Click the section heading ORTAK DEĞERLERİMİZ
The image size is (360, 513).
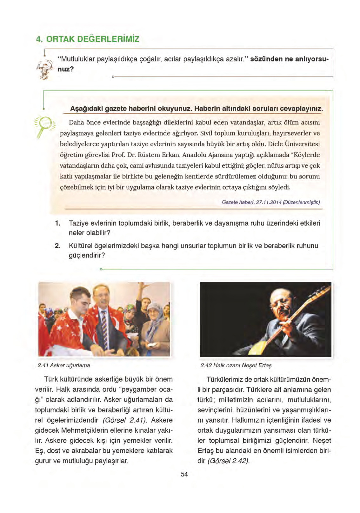pyautogui.click(x=92, y=39)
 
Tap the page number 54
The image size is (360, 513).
pyautogui.click(x=184, y=474)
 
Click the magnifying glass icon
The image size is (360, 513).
pyautogui.click(x=45, y=126)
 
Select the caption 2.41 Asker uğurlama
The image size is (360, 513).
pyautogui.click(x=63, y=365)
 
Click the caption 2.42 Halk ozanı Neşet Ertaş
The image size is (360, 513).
pyautogui.click(x=236, y=365)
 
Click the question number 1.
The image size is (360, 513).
pyautogui.click(x=57, y=223)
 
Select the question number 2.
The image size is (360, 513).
pyautogui.click(x=57, y=246)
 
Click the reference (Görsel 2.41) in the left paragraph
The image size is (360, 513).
pyautogui.click(x=125, y=420)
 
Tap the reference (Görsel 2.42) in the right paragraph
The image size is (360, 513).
pyautogui.click(x=228, y=461)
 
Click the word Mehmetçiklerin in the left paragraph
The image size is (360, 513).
pyautogui.click(x=85, y=430)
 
